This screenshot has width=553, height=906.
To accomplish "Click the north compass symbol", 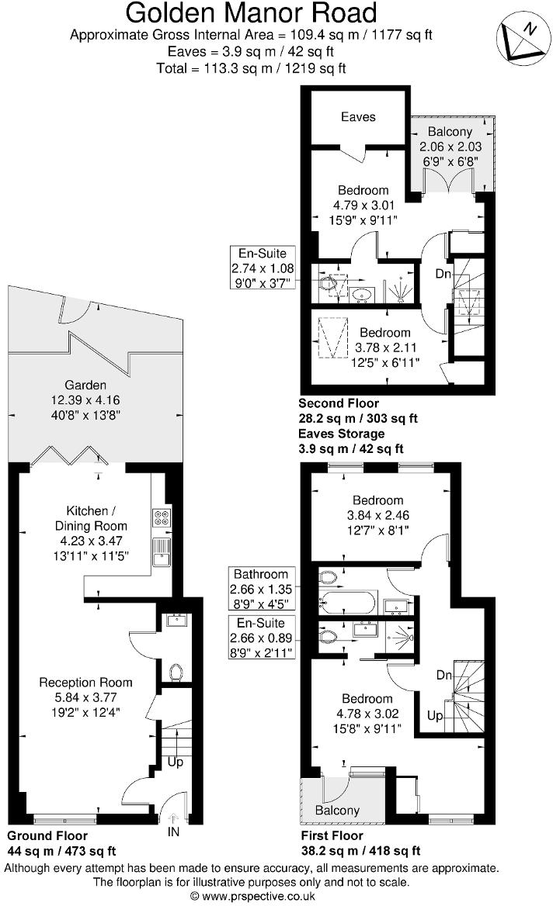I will [x=520, y=38].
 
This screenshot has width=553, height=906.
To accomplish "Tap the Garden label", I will [x=85, y=385].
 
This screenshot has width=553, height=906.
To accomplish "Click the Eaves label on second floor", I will [x=358, y=117].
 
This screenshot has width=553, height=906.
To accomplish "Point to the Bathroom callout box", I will [x=261, y=589].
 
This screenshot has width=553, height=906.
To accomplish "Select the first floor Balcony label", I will [x=337, y=811].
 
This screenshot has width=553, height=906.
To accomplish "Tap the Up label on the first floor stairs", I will [x=435, y=716].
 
